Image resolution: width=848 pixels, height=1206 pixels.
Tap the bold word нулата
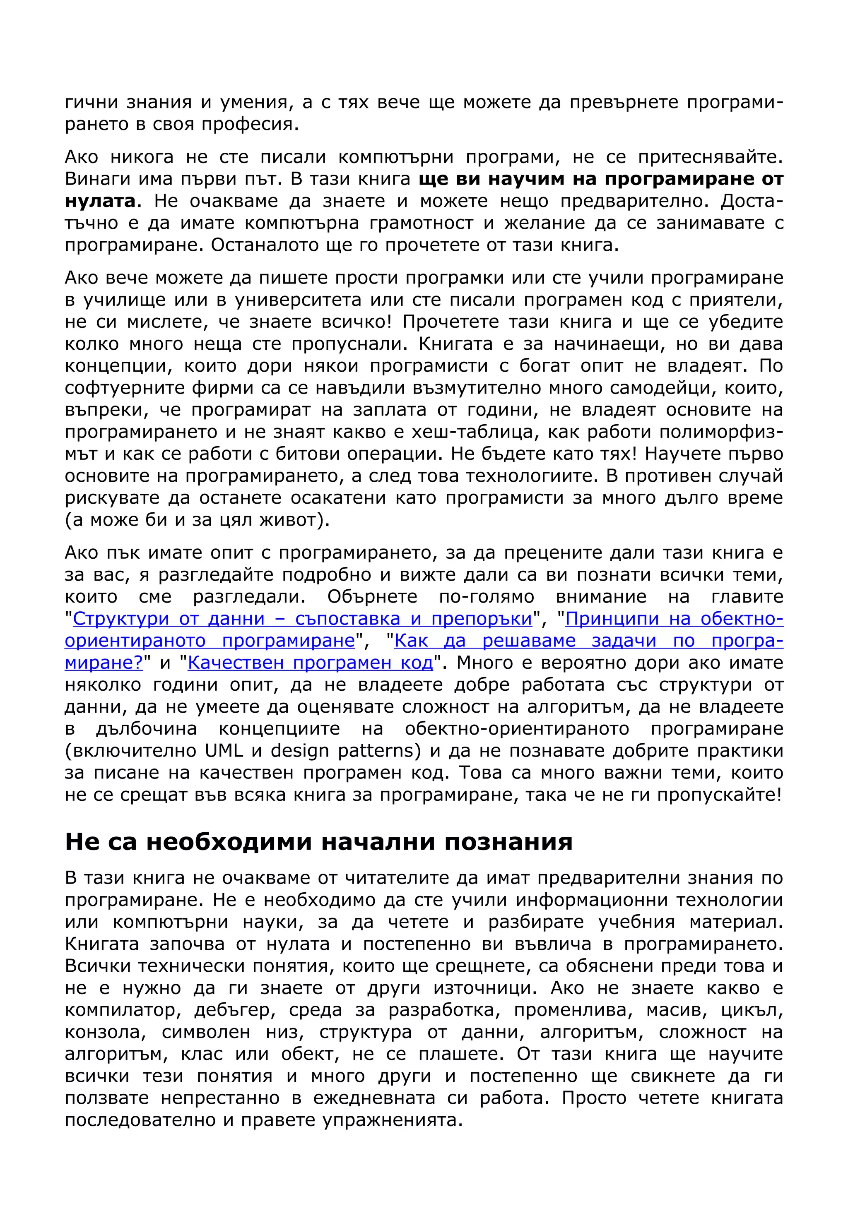(100, 201)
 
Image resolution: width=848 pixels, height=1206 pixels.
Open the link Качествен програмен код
(310, 663)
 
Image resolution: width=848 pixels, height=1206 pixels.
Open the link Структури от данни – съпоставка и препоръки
(302, 619)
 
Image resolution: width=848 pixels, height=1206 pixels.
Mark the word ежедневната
(374, 1098)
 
